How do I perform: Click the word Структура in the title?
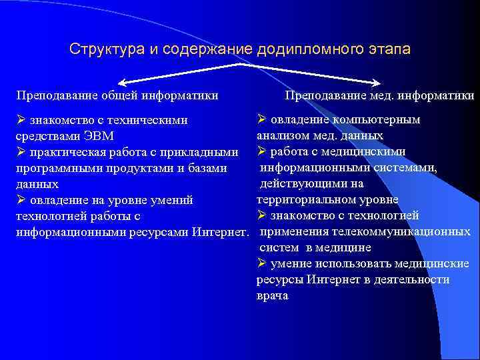[x=100, y=50]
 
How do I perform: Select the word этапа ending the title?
[x=387, y=50]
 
